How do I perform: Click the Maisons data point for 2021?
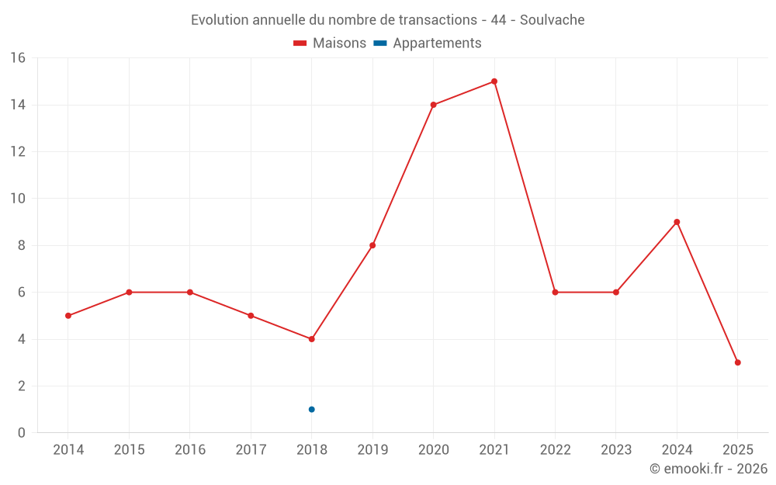click(494, 81)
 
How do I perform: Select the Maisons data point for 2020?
click(433, 105)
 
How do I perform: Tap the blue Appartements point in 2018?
click(311, 409)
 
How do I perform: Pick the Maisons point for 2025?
click(737, 362)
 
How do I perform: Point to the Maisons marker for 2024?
click(677, 222)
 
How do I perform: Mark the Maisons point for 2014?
click(68, 316)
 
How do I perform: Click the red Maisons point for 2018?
click(311, 339)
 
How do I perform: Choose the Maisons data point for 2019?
click(372, 245)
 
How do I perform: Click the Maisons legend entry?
click(330, 43)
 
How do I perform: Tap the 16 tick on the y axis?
click(17, 58)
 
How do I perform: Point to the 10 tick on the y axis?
click(17, 199)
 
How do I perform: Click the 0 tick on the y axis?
click(21, 433)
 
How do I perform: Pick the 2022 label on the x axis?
click(555, 450)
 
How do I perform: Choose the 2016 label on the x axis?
click(190, 450)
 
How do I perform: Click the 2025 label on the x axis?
click(737, 450)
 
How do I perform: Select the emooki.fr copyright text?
click(708, 469)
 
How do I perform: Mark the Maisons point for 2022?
click(555, 293)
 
